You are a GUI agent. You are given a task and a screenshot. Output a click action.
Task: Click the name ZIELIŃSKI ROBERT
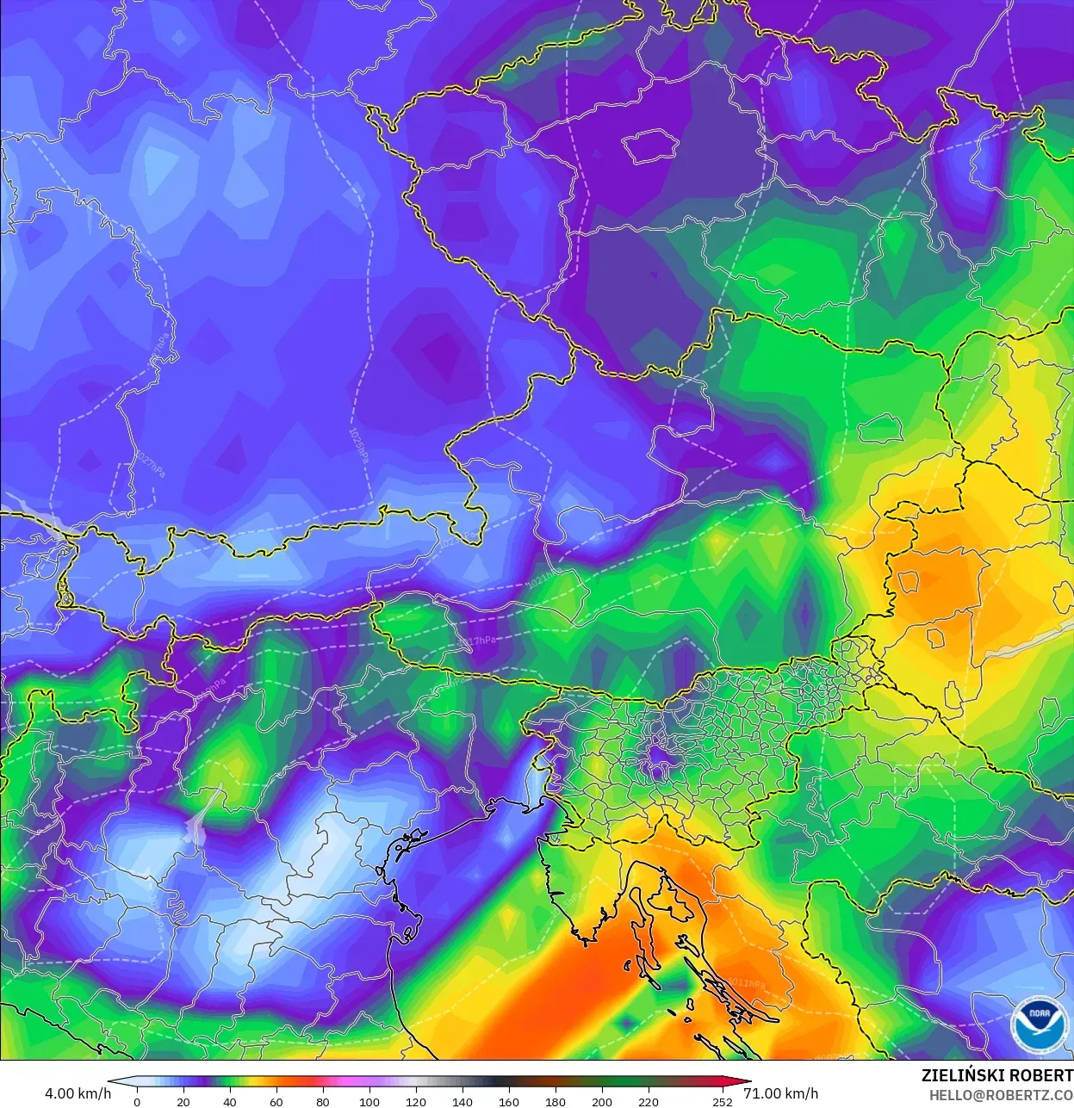[x=996, y=1076]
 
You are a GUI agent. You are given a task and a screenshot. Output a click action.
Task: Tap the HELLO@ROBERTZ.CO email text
[x=1001, y=1095]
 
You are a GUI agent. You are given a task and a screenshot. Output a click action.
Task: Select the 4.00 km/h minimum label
[x=78, y=1093]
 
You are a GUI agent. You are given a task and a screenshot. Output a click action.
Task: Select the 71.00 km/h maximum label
[x=780, y=1093]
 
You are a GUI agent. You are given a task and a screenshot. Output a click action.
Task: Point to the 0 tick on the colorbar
[x=137, y=1102]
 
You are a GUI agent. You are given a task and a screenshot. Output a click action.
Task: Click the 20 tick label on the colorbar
[x=183, y=1102]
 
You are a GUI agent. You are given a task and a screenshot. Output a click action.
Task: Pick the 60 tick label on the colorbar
[x=276, y=1102]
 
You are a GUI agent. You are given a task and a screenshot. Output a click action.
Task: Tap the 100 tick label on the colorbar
[x=369, y=1102]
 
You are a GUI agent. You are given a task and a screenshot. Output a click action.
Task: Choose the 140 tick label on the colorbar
[x=463, y=1102]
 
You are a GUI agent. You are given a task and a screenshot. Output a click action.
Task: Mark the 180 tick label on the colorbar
[x=556, y=1102]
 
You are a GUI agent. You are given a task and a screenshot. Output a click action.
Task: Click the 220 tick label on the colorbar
[x=649, y=1102]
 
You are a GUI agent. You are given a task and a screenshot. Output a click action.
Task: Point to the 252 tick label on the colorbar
[x=723, y=1102]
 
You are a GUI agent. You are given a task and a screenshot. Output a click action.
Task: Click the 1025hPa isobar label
[x=359, y=446]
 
